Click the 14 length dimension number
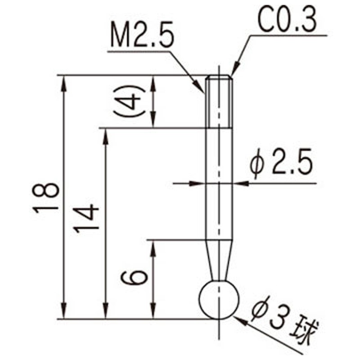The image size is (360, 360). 86,218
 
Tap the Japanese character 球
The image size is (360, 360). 307,331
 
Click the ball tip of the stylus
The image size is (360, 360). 219,299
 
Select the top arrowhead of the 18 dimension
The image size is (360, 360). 65,81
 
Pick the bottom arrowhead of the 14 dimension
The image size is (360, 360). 106,314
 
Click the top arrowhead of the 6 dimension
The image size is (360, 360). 153,245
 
